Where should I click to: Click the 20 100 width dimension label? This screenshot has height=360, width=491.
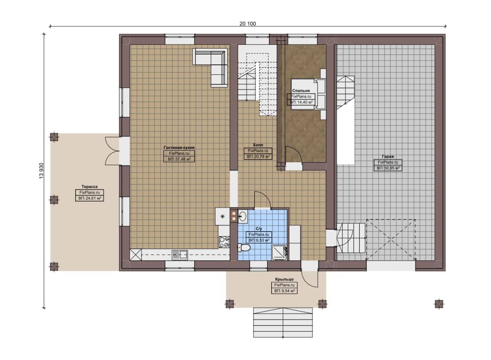(247, 24)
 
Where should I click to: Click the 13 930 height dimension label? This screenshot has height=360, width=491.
(41, 171)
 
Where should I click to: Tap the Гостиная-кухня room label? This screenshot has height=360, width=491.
(179, 148)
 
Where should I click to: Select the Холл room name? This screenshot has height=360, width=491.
(258, 145)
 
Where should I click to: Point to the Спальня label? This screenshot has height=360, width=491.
(301, 90)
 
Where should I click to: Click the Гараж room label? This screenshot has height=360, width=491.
(388, 156)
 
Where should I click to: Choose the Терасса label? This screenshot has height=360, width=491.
(89, 186)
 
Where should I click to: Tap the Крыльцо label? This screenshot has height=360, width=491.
(284, 279)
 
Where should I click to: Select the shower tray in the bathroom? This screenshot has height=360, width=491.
(279, 253)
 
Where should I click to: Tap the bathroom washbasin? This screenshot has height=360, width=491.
(242, 217)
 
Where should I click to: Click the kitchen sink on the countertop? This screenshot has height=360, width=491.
(180, 255)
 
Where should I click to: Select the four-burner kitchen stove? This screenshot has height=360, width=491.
(224, 242)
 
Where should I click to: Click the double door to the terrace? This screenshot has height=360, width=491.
(112, 151)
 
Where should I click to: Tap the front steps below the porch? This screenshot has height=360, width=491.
(283, 322)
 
